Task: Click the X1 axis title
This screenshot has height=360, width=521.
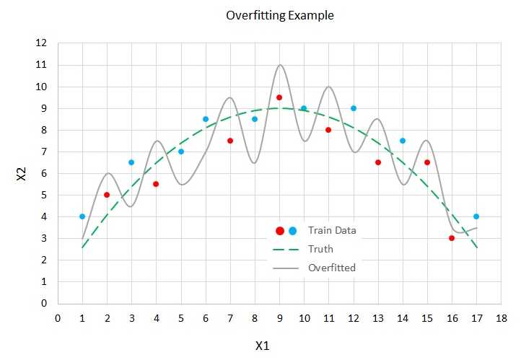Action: point(262,346)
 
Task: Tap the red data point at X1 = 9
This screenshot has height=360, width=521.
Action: point(279,97)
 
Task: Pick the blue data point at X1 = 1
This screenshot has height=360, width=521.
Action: point(82,216)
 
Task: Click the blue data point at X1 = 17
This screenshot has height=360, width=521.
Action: point(476,216)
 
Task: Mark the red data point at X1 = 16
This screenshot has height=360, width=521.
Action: point(452,238)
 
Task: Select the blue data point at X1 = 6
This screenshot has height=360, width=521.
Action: point(206,119)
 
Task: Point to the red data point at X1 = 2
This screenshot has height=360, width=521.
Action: point(107,195)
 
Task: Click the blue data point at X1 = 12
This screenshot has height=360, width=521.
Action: point(354,108)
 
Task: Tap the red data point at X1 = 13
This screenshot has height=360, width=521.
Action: point(378,162)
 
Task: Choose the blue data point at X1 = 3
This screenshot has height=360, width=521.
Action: point(131,162)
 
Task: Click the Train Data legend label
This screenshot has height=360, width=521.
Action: point(332,231)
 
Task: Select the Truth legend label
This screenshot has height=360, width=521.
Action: point(320,250)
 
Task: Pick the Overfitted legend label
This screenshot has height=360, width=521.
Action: point(331,268)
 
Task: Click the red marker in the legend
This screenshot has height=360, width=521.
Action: point(280,231)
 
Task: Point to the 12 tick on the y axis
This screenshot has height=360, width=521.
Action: point(43,43)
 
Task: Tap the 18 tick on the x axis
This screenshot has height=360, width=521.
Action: point(501,317)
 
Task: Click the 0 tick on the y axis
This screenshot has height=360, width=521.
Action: point(45,304)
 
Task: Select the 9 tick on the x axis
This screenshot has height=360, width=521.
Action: point(279,317)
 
